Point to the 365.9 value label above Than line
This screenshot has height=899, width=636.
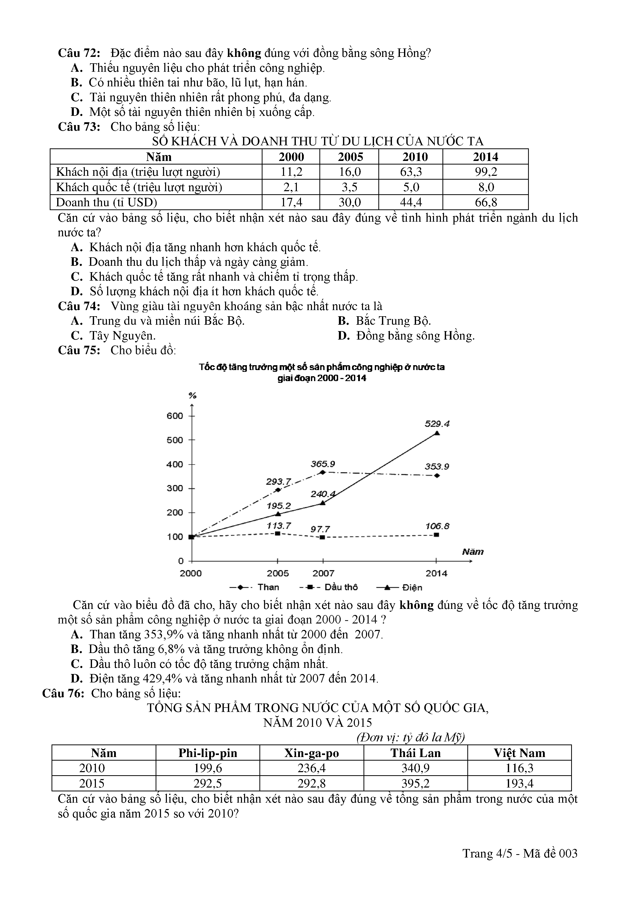[323, 464]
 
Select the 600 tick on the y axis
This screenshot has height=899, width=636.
[175, 416]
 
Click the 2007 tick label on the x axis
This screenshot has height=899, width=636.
[323, 573]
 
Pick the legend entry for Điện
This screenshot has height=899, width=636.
[399, 587]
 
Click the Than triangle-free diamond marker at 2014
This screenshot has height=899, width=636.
[437, 476]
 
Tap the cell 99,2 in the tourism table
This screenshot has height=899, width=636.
[486, 172]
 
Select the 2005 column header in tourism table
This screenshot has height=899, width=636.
[350, 157]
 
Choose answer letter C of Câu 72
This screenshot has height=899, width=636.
[76, 97]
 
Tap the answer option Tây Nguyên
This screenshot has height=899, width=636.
[123, 336]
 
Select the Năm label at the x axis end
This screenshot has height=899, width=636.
[473, 552]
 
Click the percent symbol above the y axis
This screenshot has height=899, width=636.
[192, 395]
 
